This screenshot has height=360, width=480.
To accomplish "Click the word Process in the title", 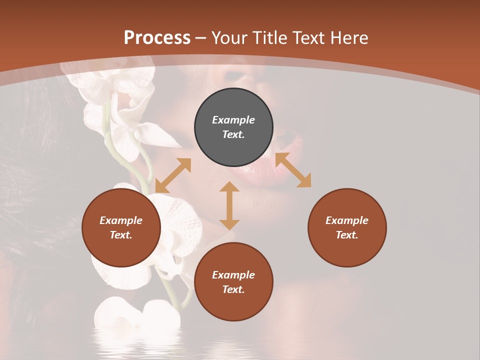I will coord(157,38).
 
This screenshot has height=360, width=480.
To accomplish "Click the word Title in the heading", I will coord(270,38).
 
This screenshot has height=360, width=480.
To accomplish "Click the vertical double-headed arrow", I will coord(229,205).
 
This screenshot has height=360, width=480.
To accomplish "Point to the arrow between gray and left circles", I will coord(173,175).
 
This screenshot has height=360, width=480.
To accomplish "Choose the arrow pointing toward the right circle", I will coord(293,170).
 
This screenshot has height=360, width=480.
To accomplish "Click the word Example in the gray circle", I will coord(233,120).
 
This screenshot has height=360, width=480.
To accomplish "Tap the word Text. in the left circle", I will coord(121,235).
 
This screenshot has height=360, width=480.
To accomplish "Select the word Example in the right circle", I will coord(347,220).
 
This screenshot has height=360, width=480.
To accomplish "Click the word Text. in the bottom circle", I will coord(233,289).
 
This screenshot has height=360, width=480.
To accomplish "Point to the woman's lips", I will coord(290,150).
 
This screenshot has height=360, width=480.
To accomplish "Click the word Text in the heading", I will coord(309,38).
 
